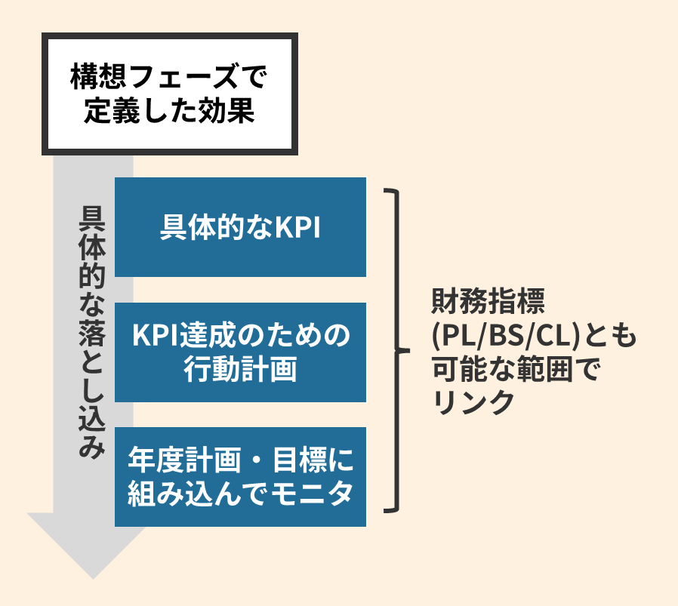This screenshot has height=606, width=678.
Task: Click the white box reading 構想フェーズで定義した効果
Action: pyautogui.click(x=169, y=94)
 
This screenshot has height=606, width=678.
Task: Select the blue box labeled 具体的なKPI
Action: pyautogui.click(x=240, y=227)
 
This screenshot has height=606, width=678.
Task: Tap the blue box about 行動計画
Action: pyautogui.click(x=240, y=352)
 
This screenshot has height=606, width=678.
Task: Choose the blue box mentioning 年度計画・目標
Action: pyautogui.click(x=240, y=476)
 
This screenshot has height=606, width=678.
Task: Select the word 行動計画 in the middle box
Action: pyautogui.click(x=240, y=370)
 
